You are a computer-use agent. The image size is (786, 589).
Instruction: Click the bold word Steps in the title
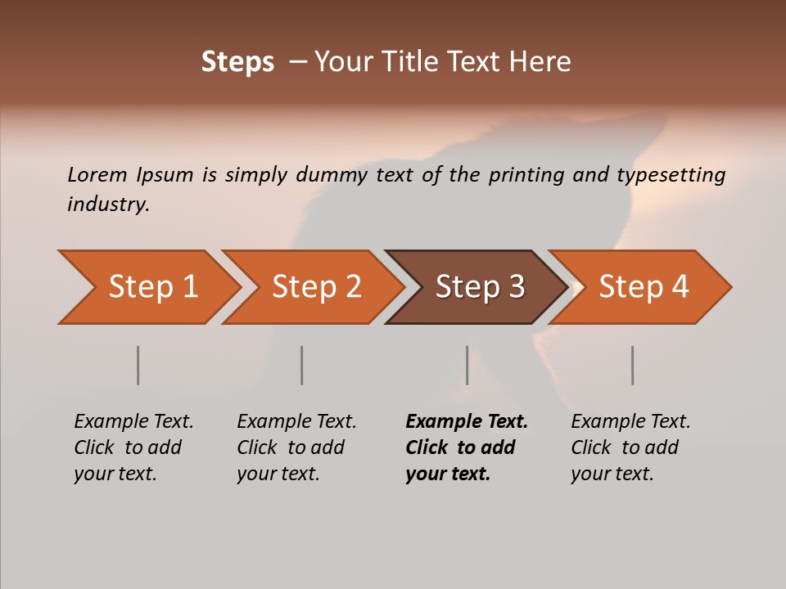pos(237,61)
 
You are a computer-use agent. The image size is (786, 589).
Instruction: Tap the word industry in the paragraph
pos(107,205)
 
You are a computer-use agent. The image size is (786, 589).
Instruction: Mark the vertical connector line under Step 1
pos(138,365)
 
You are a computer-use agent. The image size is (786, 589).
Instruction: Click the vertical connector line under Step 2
pos(302,365)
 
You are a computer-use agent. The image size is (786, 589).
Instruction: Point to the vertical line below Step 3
pos(467,365)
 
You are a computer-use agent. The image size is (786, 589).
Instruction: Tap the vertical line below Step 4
pos(632,365)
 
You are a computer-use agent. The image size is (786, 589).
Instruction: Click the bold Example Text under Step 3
pos(467,421)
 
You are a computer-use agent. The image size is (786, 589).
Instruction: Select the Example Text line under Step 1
pos(133,421)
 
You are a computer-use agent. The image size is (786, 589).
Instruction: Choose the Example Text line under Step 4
pos(630,421)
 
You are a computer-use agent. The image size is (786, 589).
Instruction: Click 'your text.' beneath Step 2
pos(278,474)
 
